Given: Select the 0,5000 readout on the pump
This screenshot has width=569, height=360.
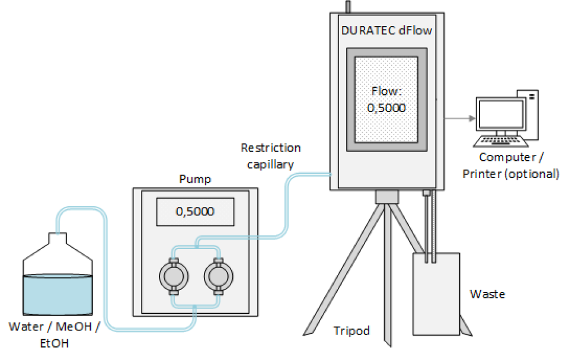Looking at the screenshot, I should [196, 211].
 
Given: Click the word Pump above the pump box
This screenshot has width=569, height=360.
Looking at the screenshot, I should [194, 179].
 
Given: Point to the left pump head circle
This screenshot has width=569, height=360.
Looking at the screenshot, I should [173, 276].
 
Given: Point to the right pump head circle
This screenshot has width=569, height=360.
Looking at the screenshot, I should [217, 276].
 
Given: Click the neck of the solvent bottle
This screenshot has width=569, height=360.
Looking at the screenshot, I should [57, 240].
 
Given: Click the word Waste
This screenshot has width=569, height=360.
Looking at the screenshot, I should [487, 294].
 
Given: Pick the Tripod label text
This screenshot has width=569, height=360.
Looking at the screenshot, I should [351, 330].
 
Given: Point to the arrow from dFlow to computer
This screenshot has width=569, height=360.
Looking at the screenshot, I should [459, 118].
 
